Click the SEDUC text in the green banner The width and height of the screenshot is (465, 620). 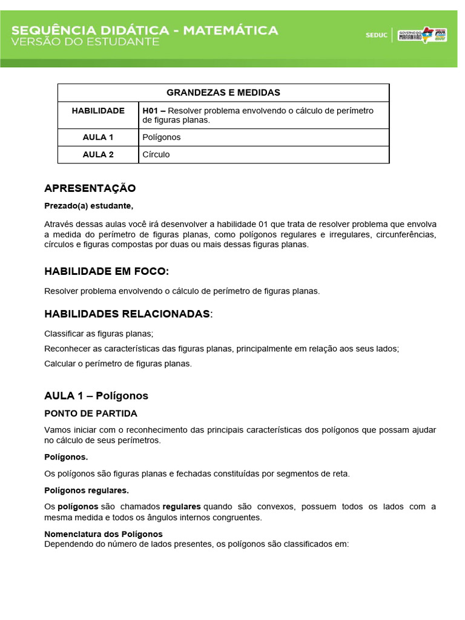376,35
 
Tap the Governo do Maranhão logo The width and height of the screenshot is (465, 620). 422,35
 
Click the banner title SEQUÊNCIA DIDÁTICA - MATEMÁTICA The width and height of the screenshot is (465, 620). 145,30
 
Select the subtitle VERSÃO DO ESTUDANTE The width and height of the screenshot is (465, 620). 85,42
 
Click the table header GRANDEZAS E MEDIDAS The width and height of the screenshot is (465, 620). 223,93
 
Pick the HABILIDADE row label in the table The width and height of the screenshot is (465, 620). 98,111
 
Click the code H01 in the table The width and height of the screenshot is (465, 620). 150,111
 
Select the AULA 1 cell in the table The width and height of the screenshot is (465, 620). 98,137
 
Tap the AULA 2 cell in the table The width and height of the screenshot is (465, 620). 98,154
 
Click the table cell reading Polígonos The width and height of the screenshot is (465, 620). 162,137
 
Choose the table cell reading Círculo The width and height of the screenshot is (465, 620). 156,154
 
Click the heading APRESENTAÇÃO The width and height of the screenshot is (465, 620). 90,188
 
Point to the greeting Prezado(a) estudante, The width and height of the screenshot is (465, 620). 88,206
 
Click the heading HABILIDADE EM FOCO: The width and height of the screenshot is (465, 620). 107,271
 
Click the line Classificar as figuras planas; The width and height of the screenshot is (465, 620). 99,334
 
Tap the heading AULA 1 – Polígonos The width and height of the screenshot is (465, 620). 96,396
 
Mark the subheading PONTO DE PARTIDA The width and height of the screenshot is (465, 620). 91,414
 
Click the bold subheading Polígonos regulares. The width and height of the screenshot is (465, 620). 87,490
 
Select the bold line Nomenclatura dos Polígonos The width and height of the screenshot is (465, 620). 104,534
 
